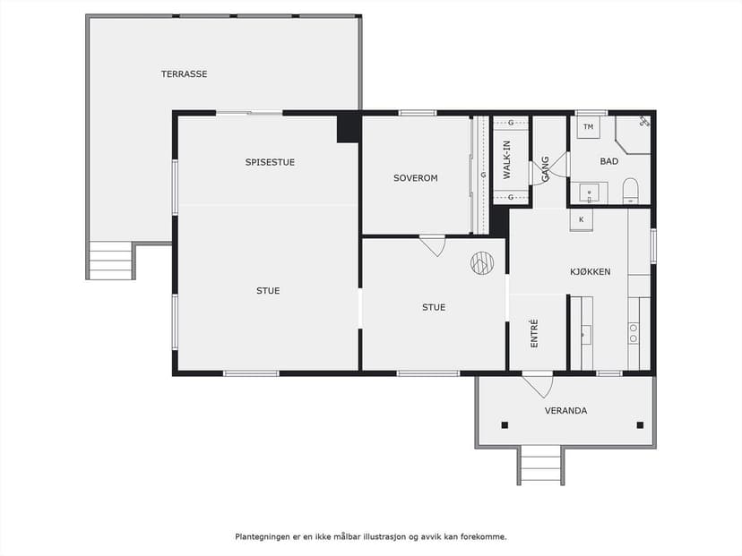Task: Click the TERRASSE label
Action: [x=184, y=74]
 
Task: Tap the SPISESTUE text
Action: [x=270, y=162]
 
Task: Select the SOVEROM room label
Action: [x=416, y=178]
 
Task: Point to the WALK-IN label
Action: [x=507, y=159]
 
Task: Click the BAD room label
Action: [x=609, y=161]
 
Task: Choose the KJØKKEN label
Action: [x=590, y=272]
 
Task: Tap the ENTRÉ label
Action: [x=534, y=333]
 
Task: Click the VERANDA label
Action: [x=565, y=411]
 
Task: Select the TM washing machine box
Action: [x=588, y=127]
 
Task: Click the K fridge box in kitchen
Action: [x=581, y=220]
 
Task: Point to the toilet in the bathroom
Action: [x=630, y=191]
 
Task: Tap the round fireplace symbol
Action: [x=482, y=263]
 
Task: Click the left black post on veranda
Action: [x=505, y=425]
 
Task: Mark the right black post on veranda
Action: [x=640, y=425]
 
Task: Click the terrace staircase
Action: [x=110, y=260]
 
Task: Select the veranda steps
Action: [x=540, y=465]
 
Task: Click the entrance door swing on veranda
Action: [x=538, y=384]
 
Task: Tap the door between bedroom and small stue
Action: [x=433, y=245]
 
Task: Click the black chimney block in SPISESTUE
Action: [x=349, y=127]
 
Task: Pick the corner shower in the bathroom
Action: [x=634, y=134]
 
